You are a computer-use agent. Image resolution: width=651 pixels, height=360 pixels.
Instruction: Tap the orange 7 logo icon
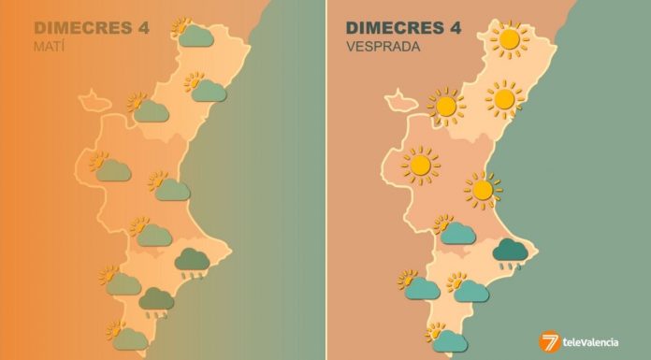click(x=550, y=342)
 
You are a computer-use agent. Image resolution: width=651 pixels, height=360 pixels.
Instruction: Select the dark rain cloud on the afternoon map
click(x=512, y=251)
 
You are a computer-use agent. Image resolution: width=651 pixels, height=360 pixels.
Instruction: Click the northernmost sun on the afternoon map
click(x=509, y=39)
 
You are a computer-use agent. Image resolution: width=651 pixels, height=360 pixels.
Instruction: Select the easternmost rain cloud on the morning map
click(x=193, y=259)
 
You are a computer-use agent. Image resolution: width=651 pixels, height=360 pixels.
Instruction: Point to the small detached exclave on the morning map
click(x=92, y=97)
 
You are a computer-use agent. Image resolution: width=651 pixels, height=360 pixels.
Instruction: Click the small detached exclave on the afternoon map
click(x=402, y=98)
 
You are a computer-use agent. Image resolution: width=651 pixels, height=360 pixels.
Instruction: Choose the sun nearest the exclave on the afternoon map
click(x=446, y=107)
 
